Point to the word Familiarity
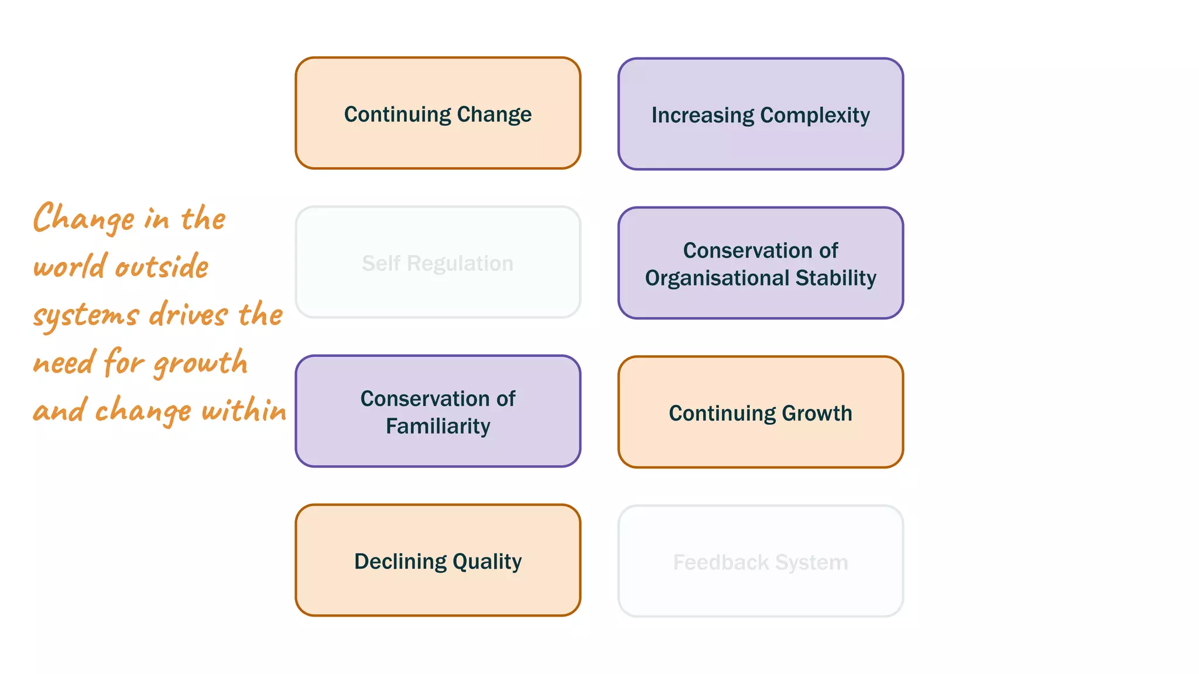click(x=438, y=427)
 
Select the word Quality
click(x=487, y=562)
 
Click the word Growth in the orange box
click(x=817, y=413)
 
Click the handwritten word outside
click(x=162, y=267)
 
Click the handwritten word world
click(x=70, y=267)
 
